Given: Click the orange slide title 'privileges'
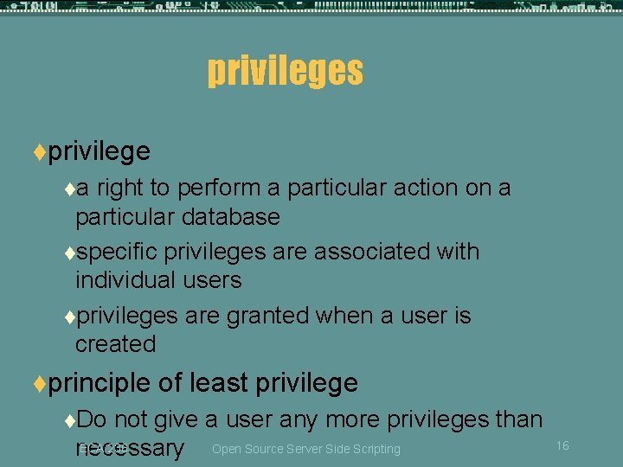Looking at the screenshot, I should pos(285,70).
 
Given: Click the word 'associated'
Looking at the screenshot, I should pos(374,252).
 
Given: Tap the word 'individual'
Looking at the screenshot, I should pos(124,280).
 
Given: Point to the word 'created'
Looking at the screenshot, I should pos(115,344).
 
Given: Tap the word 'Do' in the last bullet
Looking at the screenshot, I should pos(91,419).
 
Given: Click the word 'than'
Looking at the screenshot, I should pos(517,419).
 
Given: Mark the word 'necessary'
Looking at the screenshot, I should pos(130,448).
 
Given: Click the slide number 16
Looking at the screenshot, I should pos(562,445).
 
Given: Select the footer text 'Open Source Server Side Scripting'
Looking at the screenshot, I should pos(306,449).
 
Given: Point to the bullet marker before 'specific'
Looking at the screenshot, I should pos(69,253).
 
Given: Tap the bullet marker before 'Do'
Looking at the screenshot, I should pos(69,420).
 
